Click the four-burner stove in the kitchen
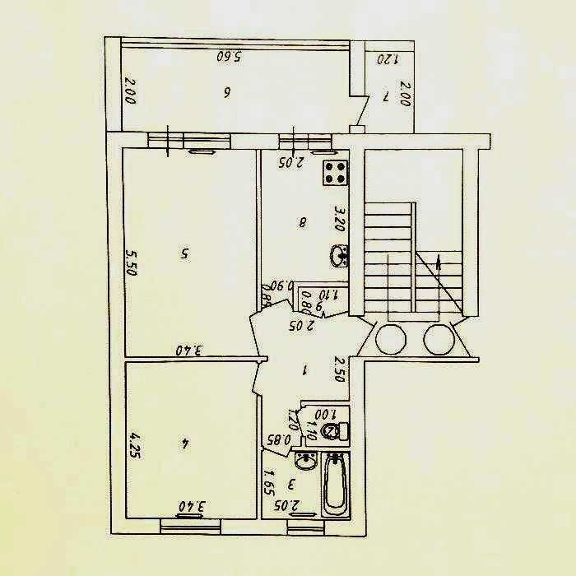[x=336, y=174]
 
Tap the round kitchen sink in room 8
[x=339, y=257]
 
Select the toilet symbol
[x=332, y=432]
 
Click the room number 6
[x=226, y=92]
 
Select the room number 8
[x=304, y=221]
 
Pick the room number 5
[x=183, y=254]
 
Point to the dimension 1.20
[x=387, y=59]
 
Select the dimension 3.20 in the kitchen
[x=338, y=217]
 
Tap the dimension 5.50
[x=130, y=262]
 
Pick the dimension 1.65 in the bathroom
[x=269, y=480]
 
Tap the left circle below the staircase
[x=391, y=337]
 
